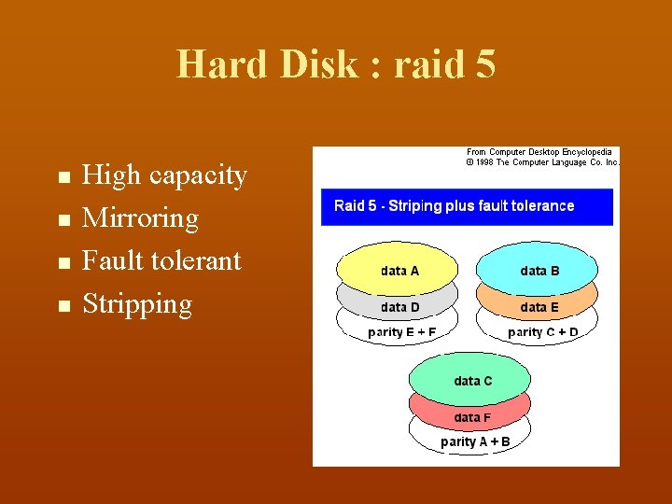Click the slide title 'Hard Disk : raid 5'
[x=336, y=64]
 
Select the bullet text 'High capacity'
[x=164, y=175]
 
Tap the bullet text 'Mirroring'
[x=140, y=217]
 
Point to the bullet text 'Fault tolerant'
[x=161, y=260]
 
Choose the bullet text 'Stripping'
[x=137, y=303]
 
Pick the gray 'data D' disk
[x=399, y=306]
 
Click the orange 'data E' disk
[x=539, y=306]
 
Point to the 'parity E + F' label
[x=401, y=332]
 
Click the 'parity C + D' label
[x=542, y=332]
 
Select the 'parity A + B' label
[x=475, y=441]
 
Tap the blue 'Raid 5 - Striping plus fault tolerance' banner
[x=467, y=206]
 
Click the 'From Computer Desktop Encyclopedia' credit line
[x=539, y=151]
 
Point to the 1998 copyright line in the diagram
[x=541, y=162]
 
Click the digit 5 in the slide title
[x=484, y=64]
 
